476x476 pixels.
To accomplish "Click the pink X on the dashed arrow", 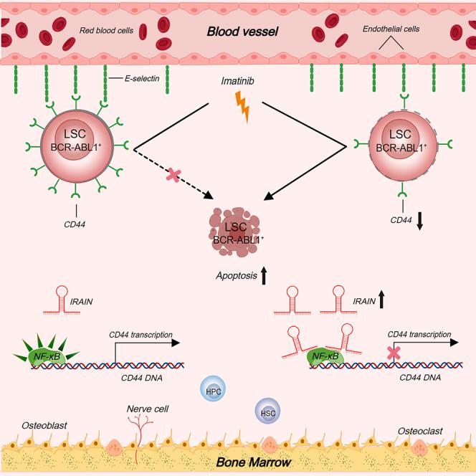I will [173, 174].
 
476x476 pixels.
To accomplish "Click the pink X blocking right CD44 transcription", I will [392, 352].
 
